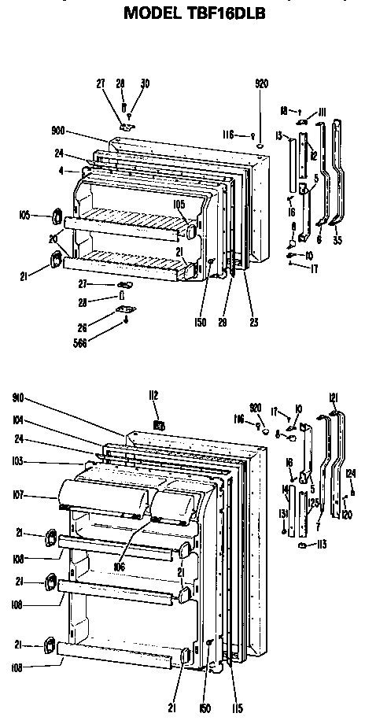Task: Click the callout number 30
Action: (x=145, y=83)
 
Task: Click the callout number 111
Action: (x=322, y=113)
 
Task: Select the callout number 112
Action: (x=155, y=394)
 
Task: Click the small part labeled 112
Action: (x=158, y=426)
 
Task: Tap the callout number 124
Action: (x=351, y=473)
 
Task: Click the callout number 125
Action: (x=314, y=502)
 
